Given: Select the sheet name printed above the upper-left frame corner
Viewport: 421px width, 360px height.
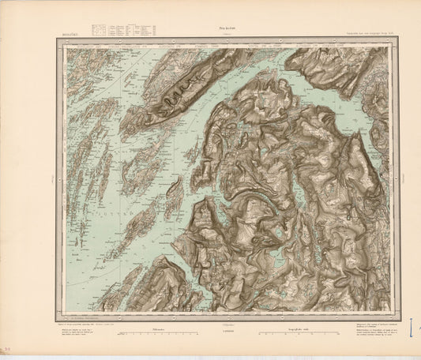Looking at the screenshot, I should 69,35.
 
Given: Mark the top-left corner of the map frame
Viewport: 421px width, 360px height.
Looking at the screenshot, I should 56,39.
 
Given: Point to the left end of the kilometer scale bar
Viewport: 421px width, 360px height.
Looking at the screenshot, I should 117,335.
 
